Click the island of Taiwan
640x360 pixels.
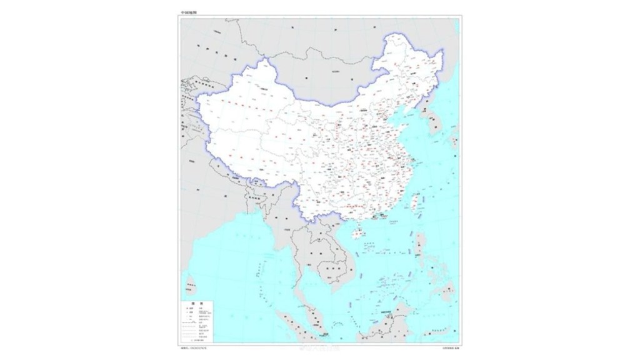pyautogui.click(x=413, y=201)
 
